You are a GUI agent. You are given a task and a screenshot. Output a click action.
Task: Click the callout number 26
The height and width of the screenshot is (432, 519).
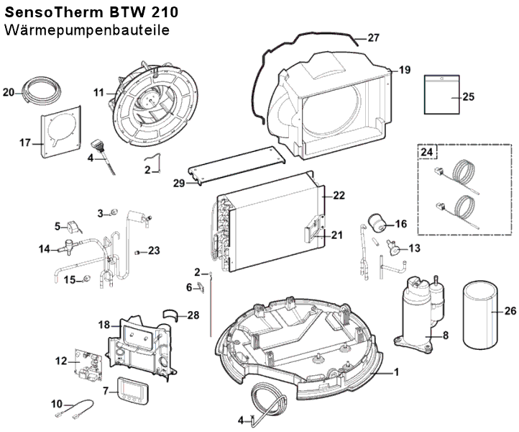click(x=509, y=312)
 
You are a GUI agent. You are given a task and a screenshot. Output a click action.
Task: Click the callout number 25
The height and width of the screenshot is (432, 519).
click(x=469, y=96)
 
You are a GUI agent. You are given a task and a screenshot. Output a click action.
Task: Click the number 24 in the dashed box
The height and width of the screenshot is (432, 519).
click(x=427, y=152)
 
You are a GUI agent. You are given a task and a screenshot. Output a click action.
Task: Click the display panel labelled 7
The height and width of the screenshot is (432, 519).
click(x=132, y=389)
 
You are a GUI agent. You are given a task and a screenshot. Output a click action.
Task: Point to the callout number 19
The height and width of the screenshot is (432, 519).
click(x=405, y=70)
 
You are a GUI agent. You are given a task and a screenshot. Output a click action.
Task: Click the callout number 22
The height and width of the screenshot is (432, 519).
click(x=339, y=195)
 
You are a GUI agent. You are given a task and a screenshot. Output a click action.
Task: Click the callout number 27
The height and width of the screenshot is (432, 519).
click(x=373, y=37)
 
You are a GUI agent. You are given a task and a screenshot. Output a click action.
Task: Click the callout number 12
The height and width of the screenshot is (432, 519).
click(x=61, y=358)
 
